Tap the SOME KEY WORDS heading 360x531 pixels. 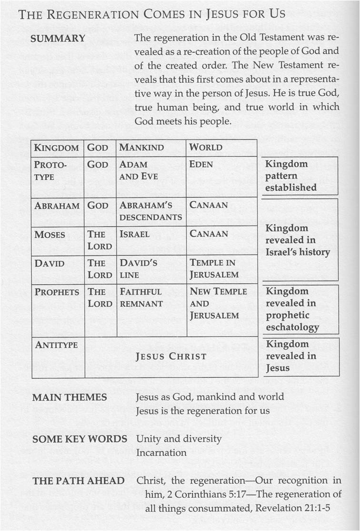click(x=80, y=439)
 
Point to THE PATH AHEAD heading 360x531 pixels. click(x=79, y=481)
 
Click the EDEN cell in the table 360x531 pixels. click(x=201, y=165)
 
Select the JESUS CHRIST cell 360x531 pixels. click(x=171, y=356)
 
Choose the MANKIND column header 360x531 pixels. click(x=141, y=147)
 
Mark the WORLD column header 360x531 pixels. click(x=205, y=147)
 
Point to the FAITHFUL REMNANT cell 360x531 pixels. click(x=141, y=297)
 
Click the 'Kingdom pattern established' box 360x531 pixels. click(x=291, y=176)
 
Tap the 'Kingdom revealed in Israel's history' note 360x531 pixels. click(x=297, y=240)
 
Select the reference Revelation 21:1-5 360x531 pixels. click(x=292, y=508)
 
